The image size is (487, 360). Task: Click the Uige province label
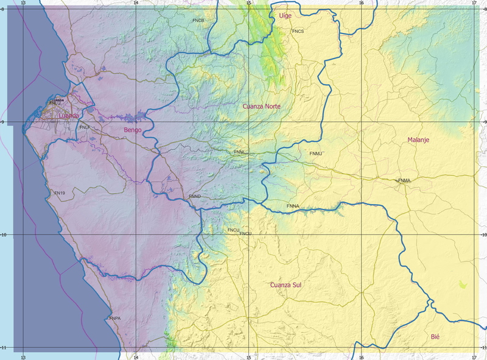[285, 15]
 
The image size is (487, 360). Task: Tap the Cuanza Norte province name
[261, 107]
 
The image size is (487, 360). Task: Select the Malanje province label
[418, 140]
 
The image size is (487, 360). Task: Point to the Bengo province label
[133, 130]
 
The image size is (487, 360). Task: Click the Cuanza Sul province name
[286, 285]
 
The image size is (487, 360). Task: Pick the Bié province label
[435, 337]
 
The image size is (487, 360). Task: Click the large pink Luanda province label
[69, 115]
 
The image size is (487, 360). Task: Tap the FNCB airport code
[198, 21]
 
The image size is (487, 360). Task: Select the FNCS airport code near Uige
[298, 31]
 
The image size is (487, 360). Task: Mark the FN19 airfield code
[60, 193]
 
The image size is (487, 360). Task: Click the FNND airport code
[195, 197]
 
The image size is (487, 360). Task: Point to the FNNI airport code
[239, 152]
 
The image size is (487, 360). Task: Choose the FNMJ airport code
[315, 154]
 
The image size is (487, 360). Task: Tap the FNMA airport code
[404, 181]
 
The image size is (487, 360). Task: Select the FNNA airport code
[293, 206]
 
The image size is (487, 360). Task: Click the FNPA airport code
[115, 319]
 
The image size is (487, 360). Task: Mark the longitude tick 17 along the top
[474, 3]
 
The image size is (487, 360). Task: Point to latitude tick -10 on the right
[482, 235]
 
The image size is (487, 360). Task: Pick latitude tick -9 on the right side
[482, 122]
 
